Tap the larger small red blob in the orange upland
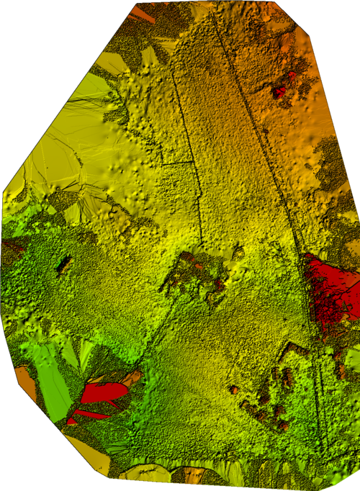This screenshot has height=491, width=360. pyautogui.click(x=279, y=92)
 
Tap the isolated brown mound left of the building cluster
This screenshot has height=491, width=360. pyautogui.click(x=234, y=389)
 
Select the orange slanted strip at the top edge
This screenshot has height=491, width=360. pyautogui.click(x=144, y=13)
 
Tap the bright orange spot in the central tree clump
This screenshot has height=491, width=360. pyautogui.click(x=199, y=266)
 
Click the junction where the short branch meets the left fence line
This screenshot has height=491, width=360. pyautogui.click(x=162, y=164)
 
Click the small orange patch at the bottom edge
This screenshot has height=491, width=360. pyautogui.click(x=193, y=474)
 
